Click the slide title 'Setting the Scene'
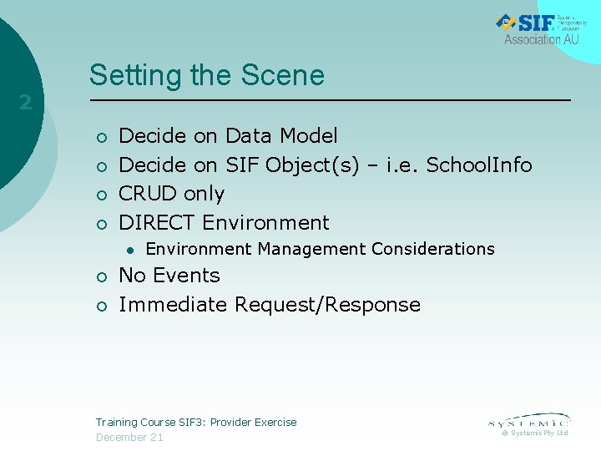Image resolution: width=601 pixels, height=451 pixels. pyautogui.click(x=206, y=75)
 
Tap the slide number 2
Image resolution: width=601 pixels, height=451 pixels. pyautogui.click(x=25, y=103)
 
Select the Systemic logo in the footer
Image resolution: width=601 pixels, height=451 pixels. pyautogui.click(x=528, y=421)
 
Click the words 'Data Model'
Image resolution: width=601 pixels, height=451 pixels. pyautogui.click(x=281, y=135)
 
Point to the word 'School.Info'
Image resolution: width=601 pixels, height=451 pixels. pyautogui.click(x=479, y=165)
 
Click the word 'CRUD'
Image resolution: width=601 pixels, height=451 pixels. pyautogui.click(x=148, y=194)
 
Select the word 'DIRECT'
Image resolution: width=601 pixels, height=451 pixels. pyautogui.click(x=158, y=223)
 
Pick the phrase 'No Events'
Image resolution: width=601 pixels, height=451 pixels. pyautogui.click(x=169, y=276)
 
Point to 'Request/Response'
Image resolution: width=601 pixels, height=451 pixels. pyautogui.click(x=327, y=305)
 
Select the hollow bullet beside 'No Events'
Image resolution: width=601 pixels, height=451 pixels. pyautogui.click(x=100, y=277)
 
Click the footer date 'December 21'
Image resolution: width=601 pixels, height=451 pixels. pyautogui.click(x=129, y=438)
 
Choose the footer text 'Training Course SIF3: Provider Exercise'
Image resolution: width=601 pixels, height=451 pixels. pyautogui.click(x=196, y=423)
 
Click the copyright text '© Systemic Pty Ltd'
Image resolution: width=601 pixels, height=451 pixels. pyautogui.click(x=534, y=433)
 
